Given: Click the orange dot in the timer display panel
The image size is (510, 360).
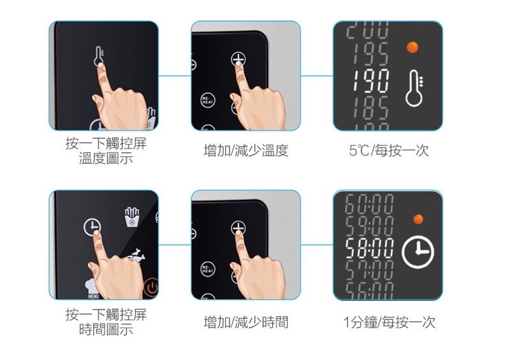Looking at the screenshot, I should pos(418,219).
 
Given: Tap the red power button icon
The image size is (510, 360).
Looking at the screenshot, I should pos(150,289).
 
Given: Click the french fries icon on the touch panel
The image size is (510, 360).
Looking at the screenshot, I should pos(132,216).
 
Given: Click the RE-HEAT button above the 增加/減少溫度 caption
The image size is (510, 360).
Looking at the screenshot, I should pos(207,101).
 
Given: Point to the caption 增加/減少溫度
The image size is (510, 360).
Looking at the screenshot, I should pos(245,151).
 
